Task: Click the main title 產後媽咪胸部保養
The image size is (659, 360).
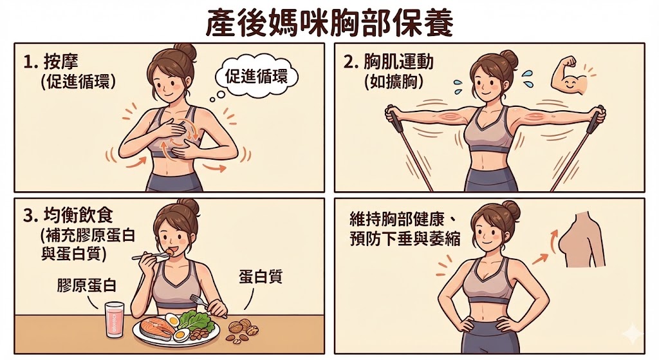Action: (x=329, y=23)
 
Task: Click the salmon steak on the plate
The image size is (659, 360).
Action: (x=156, y=328)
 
